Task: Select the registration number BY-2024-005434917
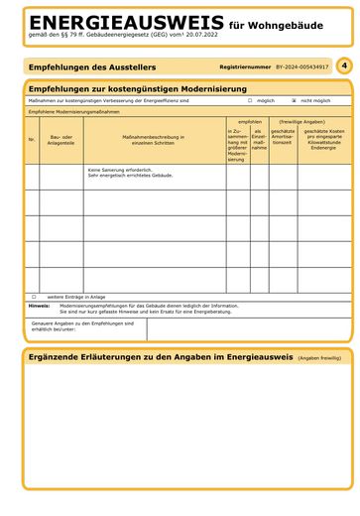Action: coord(301,67)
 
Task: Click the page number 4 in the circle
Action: coord(342,64)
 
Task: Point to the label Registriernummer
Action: coord(245,67)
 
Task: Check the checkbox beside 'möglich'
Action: coord(250,100)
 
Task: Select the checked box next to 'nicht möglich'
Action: coord(294,100)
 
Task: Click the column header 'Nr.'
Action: coord(32,140)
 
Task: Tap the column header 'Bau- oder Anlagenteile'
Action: coord(61,140)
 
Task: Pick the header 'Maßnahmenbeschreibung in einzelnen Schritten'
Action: coord(154,140)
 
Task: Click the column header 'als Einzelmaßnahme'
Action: coord(259,140)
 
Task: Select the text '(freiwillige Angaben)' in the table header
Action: coord(301,122)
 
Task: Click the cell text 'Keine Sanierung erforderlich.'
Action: coord(119,170)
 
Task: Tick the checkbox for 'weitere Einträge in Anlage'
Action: coord(34,296)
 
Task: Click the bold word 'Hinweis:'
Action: coord(39,306)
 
